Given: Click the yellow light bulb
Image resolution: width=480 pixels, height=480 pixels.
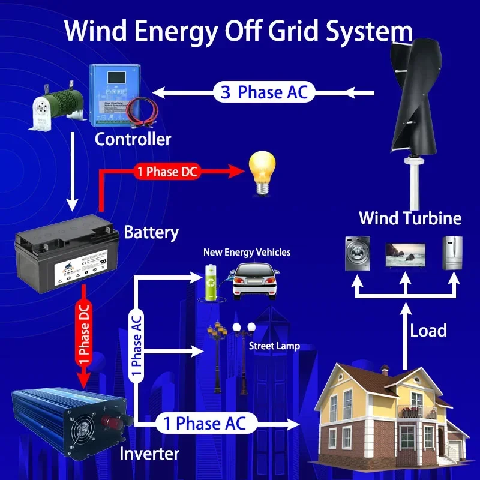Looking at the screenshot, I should pyautogui.click(x=262, y=171).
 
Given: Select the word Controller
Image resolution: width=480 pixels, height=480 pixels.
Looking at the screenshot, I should pyautogui.click(x=133, y=140).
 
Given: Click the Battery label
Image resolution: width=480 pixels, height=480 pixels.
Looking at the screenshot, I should pyautogui.click(x=151, y=232).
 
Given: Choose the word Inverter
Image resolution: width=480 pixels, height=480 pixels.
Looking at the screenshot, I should pyautogui.click(x=149, y=453).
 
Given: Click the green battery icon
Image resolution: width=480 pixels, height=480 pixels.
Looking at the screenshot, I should pyautogui.click(x=211, y=283).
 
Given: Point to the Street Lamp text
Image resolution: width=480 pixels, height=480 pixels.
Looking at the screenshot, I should pyautogui.click(x=274, y=346).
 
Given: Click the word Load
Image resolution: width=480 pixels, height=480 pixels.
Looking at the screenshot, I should pyautogui.click(x=428, y=330).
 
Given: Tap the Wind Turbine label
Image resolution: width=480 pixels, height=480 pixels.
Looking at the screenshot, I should pyautogui.click(x=410, y=218).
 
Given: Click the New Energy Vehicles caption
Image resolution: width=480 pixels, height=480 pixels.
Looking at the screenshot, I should pyautogui.click(x=247, y=253).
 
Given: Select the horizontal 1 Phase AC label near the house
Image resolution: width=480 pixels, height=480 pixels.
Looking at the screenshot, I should pyautogui.click(x=205, y=424).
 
